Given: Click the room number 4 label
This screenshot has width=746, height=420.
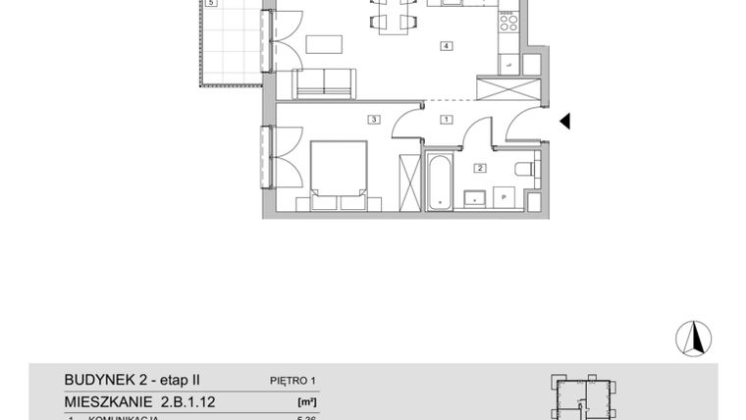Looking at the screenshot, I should (x=446, y=46).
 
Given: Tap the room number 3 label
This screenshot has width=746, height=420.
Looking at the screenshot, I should (x=373, y=120).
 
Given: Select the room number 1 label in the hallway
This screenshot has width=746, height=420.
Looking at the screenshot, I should (x=446, y=120).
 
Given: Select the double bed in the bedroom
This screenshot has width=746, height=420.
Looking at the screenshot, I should (x=339, y=174).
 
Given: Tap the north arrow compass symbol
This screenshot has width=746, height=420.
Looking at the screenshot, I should (x=693, y=338).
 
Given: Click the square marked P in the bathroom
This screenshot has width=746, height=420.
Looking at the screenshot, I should (x=505, y=196).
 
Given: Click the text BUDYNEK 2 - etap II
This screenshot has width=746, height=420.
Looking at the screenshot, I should (x=132, y=379).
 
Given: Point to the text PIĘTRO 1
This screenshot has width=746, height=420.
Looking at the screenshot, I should (x=294, y=380).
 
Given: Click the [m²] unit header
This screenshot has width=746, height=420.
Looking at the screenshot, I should (x=306, y=401).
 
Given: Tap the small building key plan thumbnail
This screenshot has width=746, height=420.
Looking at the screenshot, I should (x=584, y=397).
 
